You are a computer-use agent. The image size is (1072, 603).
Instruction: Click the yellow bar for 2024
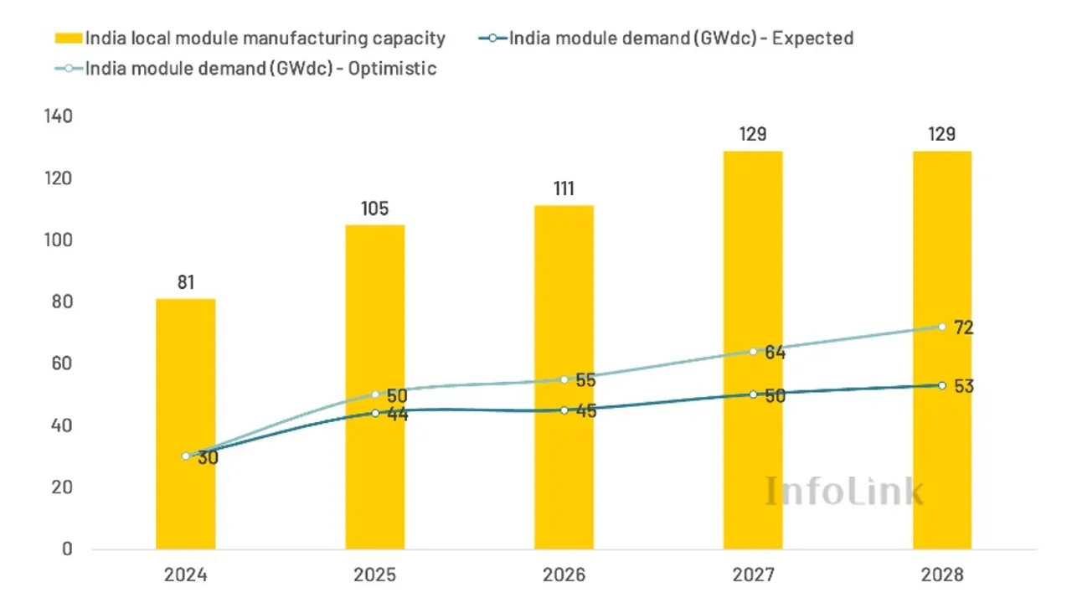tap(185, 424)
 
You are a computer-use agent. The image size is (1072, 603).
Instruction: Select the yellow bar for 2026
tap(564, 377)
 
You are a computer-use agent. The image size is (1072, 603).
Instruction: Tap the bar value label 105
tap(374, 209)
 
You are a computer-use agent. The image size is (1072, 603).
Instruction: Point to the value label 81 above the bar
tap(185, 282)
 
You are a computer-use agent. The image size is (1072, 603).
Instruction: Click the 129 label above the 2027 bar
tap(753, 135)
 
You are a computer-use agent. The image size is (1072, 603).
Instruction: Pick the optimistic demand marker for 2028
tap(942, 327)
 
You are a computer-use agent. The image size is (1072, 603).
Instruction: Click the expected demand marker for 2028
tap(942, 385)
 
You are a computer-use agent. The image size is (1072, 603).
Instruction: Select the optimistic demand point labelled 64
tap(753, 352)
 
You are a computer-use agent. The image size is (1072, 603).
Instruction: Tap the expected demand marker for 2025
tap(374, 413)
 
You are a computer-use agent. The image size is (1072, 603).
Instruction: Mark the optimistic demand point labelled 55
tap(564, 379)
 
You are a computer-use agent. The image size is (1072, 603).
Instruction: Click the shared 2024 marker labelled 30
tap(185, 456)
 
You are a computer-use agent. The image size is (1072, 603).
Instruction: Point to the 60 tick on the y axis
tap(64, 363)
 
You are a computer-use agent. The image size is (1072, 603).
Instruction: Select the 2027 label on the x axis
tap(753, 576)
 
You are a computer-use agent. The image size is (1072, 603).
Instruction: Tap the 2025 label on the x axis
tap(374, 576)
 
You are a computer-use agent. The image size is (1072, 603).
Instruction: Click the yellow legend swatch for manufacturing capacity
tap(68, 38)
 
